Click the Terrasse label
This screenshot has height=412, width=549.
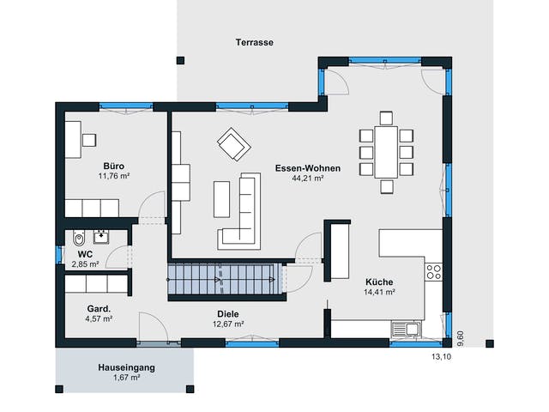(x=254, y=42)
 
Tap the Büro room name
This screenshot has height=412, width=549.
(x=114, y=166)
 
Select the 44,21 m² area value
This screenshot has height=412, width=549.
(x=307, y=178)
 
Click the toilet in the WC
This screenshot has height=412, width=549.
(x=79, y=239)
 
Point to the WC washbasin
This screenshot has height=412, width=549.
(x=101, y=237)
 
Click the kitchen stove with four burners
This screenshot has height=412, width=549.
(x=433, y=272)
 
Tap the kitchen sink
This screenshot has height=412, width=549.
(x=406, y=330)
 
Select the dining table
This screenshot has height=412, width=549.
(x=386, y=153)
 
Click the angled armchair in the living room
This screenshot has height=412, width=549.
(x=234, y=144)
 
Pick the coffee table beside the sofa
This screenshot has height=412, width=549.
(x=221, y=199)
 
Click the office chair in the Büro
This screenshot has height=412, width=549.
(x=89, y=140)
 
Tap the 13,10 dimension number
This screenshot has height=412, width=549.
(x=441, y=357)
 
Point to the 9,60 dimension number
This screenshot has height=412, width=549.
(x=461, y=338)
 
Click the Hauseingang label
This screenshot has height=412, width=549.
(x=126, y=367)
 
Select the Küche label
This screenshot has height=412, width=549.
(x=379, y=282)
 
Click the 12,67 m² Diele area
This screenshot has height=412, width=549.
(x=228, y=324)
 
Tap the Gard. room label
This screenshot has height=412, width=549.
(x=99, y=309)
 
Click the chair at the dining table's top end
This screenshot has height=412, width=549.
(x=386, y=118)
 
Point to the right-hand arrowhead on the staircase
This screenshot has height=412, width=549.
(x=272, y=279)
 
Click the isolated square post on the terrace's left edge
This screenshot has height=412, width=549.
(x=180, y=60)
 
